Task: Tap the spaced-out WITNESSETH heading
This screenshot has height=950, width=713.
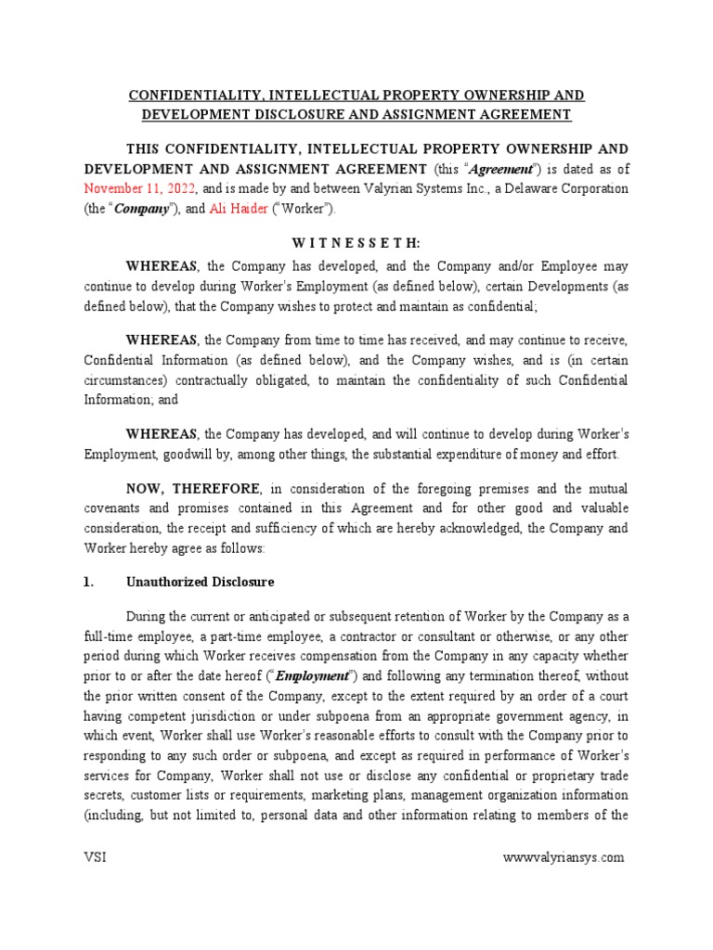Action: (x=356, y=243)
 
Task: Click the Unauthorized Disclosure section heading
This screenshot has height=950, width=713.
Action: (x=200, y=583)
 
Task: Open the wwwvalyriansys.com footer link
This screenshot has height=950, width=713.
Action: (x=564, y=857)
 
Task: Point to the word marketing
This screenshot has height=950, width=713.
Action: (x=332, y=795)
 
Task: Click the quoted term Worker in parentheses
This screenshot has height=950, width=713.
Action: (x=298, y=209)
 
